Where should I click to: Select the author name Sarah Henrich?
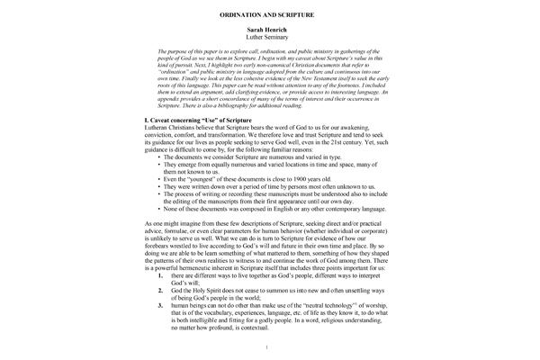click(270, 32)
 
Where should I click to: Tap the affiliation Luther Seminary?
click(270, 40)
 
